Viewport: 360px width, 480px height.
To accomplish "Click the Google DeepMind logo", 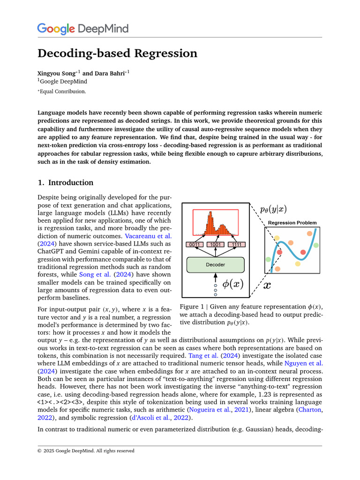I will pos(82,29).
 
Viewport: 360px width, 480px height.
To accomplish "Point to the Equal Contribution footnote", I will pos(62,91).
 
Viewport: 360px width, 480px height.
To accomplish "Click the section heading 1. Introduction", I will pos(65,183).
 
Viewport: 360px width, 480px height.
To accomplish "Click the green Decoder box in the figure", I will pos(215,265).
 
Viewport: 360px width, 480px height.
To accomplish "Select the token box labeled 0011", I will pos(195,244).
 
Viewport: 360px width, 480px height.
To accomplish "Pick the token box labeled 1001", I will pos(216,244).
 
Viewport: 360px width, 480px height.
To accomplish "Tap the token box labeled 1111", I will pos(236,244).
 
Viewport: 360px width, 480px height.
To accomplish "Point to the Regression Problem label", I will pos(292,223).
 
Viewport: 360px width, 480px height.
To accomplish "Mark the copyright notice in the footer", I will pos(86,451).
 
